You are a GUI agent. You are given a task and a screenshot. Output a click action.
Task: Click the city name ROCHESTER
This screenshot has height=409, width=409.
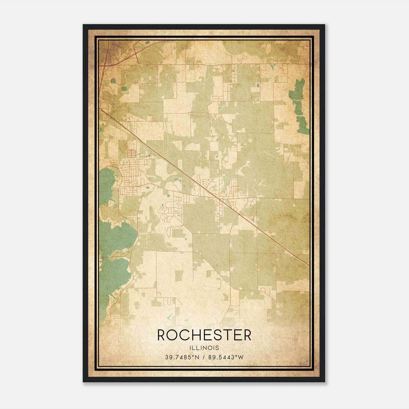pos(204,335)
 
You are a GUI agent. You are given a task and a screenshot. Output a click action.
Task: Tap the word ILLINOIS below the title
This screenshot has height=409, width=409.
pos(204,348)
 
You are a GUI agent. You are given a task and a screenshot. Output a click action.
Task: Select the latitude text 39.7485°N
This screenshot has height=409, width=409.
pos(182,357)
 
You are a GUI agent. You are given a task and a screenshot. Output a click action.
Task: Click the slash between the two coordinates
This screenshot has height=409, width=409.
pos(203,357)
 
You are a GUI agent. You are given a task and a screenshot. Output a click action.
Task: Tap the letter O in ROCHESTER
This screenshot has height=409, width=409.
pos(173,335)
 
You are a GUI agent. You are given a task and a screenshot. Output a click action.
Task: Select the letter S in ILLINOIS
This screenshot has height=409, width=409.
pos(217,348)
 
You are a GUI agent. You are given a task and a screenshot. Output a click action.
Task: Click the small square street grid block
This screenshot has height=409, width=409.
pos(131,154)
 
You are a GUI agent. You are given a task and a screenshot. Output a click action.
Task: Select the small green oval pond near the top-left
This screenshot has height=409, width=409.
pos(113,81)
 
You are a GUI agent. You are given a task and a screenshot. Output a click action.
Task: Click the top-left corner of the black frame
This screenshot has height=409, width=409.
pos(83,25)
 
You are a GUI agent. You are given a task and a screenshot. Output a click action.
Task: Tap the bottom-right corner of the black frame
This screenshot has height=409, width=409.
pos(325,382)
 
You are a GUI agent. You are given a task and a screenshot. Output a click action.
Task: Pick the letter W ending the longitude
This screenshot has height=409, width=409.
pos(241,357)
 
